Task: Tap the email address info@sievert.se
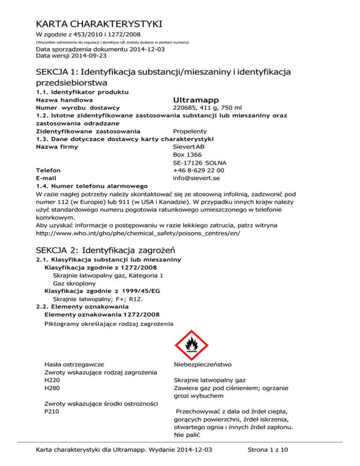pos(196,178)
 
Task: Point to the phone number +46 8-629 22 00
pos(198,170)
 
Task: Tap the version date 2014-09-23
pos(87,55)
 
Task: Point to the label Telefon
pos(48,170)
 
